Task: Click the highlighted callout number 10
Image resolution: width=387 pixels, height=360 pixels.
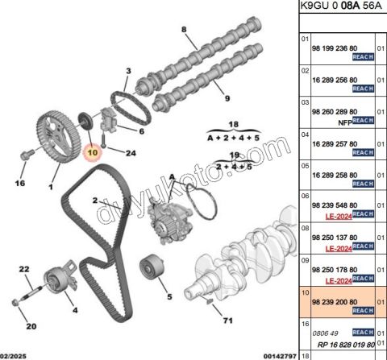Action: click(x=93, y=152)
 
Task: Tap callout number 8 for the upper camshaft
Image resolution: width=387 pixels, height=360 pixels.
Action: click(x=184, y=29)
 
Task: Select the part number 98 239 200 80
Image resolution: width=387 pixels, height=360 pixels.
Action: click(x=335, y=302)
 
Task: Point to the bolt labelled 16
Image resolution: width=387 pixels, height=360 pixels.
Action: click(x=27, y=155)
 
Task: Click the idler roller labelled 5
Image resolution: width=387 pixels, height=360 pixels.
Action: click(x=152, y=267)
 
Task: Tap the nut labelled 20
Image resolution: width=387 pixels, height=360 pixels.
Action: click(x=16, y=303)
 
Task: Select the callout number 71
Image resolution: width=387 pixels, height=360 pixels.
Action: click(x=228, y=321)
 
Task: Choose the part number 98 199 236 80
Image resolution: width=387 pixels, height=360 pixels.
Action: click(x=335, y=48)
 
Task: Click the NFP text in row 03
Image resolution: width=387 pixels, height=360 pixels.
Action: click(x=345, y=122)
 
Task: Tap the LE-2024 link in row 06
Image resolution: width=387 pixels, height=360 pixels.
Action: click(x=339, y=217)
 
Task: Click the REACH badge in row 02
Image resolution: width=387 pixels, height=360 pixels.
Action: click(x=364, y=89)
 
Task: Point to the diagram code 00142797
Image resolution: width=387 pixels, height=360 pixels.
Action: click(x=281, y=357)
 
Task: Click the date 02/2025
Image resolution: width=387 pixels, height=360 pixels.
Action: click(x=13, y=357)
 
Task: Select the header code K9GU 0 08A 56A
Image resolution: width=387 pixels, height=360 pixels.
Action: click(x=341, y=6)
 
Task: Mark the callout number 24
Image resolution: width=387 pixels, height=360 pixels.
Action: click(x=131, y=153)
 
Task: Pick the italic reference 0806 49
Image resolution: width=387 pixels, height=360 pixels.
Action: click(x=325, y=333)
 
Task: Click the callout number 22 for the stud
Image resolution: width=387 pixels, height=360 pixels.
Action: click(x=24, y=269)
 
